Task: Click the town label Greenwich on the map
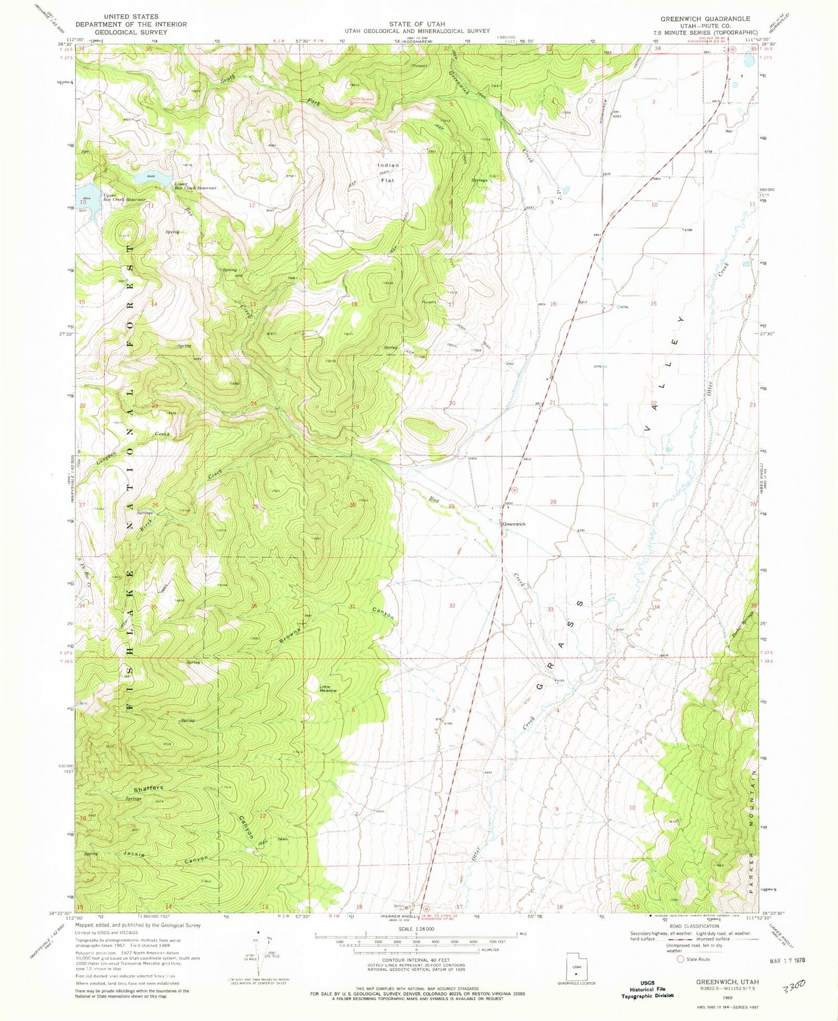(514, 524)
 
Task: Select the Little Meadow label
(328, 688)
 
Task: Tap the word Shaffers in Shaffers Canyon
(148, 789)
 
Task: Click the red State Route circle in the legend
(680, 959)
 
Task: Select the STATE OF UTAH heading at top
(417, 24)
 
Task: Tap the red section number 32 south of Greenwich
(451, 605)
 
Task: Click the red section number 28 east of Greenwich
(553, 502)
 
